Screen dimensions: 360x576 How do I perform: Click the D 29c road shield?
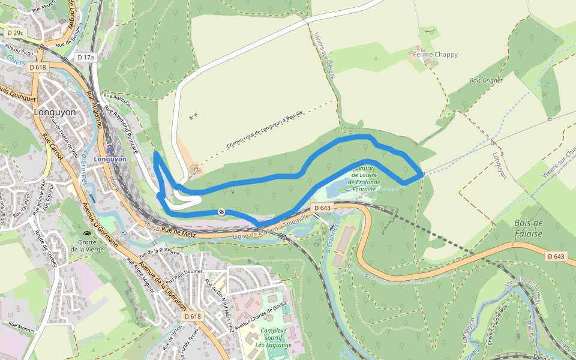16,32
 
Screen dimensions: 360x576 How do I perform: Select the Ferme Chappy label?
435,55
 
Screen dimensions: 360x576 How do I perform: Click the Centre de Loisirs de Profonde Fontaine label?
365,178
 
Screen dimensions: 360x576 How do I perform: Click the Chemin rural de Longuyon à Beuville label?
265,130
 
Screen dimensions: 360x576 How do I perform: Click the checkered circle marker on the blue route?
221,212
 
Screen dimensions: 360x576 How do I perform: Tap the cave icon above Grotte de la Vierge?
88,234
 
